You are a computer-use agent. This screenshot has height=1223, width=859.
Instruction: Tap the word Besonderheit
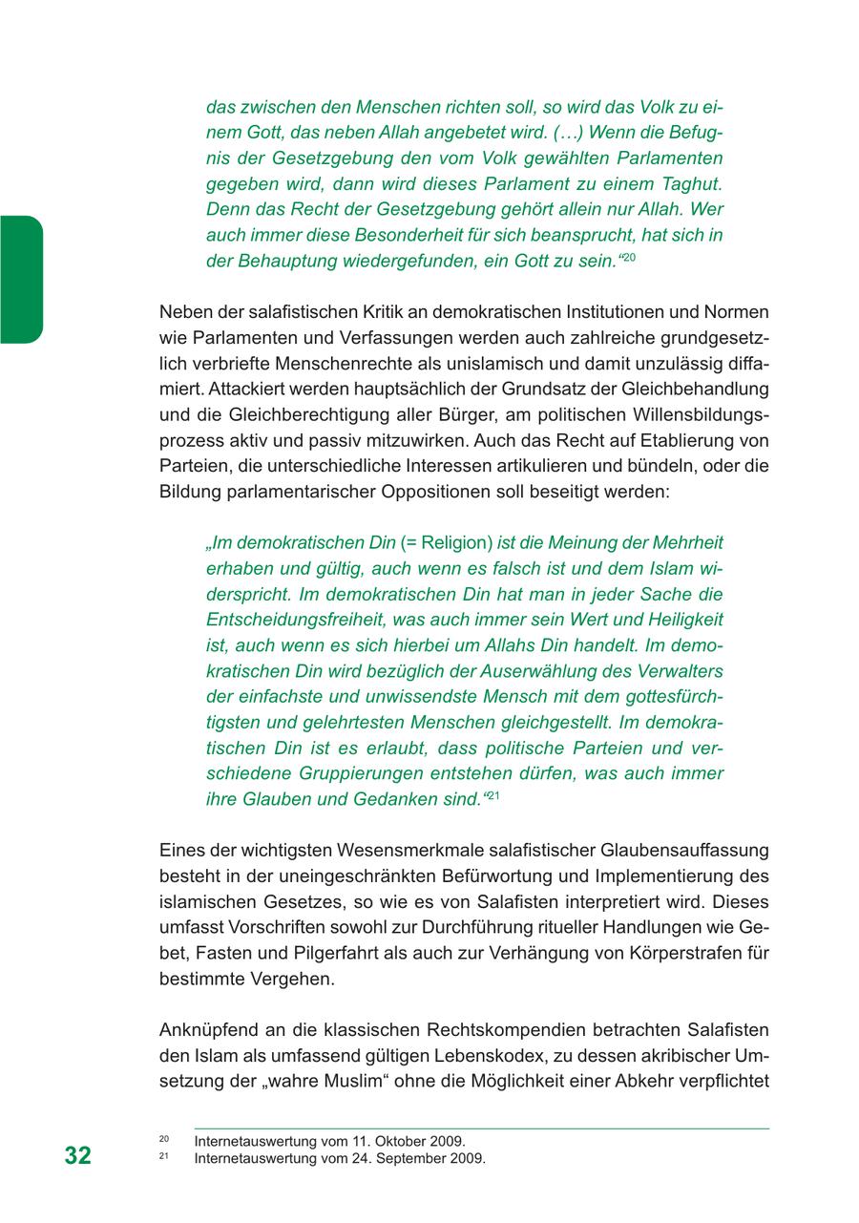358,235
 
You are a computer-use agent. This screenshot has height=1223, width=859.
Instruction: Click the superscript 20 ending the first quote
630,259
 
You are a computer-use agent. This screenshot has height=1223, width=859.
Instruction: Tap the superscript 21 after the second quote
494,795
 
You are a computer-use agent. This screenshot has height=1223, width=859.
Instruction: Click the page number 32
78,1155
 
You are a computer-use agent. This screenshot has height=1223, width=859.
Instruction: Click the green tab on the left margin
21,279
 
